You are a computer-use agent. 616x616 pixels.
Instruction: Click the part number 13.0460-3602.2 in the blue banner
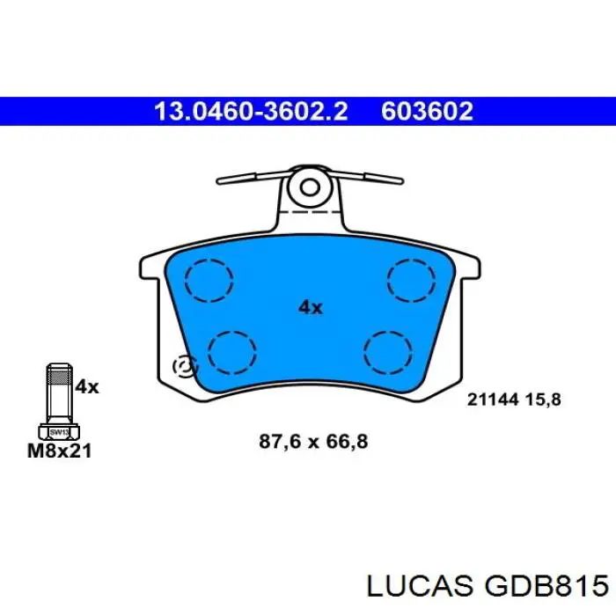[251, 111]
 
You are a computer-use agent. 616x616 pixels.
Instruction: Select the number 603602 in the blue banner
[427, 111]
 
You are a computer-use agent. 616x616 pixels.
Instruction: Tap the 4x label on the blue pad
[311, 307]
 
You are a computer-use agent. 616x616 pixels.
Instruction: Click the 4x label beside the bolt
[87, 387]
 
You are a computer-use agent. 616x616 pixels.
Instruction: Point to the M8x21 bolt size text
[59, 451]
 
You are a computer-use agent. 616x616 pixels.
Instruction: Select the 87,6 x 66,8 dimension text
[313, 442]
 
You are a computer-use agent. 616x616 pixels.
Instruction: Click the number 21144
[493, 400]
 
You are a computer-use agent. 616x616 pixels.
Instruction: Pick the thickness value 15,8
[543, 400]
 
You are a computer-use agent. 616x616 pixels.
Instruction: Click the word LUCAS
[420, 586]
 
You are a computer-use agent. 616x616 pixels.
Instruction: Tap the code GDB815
[546, 586]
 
